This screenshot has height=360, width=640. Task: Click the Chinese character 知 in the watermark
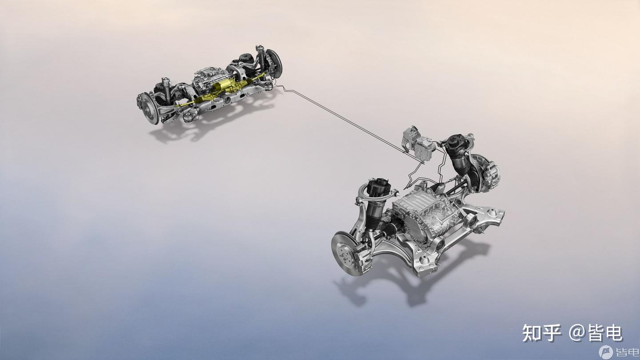[532, 333]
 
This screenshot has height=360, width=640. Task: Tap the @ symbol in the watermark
[576, 333]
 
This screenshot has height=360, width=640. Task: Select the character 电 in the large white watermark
[613, 333]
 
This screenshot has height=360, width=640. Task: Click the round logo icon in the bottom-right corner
[606, 352]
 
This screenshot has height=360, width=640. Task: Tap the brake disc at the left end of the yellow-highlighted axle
[148, 108]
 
